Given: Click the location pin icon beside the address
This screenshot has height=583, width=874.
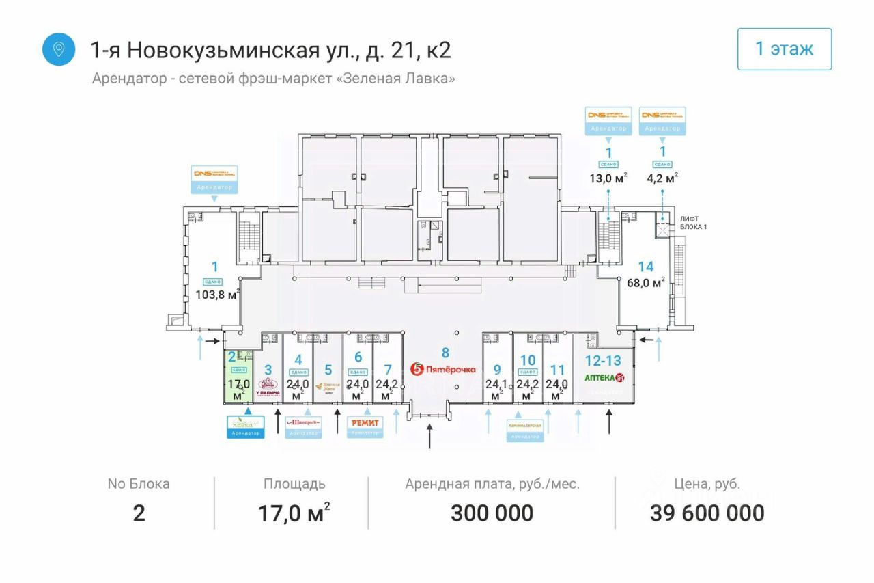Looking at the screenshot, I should (x=59, y=49).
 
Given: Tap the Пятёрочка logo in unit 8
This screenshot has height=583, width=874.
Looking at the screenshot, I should (x=443, y=369).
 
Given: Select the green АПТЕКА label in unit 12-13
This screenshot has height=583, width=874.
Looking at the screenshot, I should (x=604, y=377).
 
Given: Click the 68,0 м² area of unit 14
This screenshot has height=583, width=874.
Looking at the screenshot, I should (x=645, y=282).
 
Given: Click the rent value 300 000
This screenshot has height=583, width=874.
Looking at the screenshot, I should (x=492, y=513).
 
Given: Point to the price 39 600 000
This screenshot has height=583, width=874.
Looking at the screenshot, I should (x=707, y=513).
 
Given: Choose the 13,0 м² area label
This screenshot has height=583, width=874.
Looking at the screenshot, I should (x=608, y=180).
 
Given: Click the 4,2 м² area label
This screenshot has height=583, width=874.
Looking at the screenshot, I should (x=662, y=180).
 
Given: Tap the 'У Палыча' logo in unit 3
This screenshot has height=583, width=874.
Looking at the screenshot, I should (x=268, y=388).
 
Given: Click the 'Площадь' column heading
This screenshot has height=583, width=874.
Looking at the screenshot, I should (x=294, y=485).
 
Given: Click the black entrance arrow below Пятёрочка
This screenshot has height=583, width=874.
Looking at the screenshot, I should (x=429, y=436).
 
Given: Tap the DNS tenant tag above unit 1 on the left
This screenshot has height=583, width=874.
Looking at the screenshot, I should (x=214, y=178).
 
